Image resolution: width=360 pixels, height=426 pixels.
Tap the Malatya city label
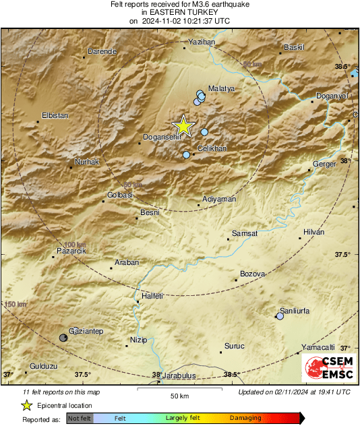click(221, 88)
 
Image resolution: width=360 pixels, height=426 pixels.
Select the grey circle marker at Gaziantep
click(63, 337)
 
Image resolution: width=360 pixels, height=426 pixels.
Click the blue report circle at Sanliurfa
click(280, 315)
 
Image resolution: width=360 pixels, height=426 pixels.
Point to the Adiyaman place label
click(220, 200)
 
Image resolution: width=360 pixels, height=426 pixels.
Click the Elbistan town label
click(55, 115)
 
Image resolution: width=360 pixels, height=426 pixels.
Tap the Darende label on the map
click(103, 51)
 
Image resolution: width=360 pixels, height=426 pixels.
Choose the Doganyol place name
click(331, 96)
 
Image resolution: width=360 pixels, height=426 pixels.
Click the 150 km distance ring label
click(15, 305)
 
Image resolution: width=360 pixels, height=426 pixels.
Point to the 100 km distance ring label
click(76, 245)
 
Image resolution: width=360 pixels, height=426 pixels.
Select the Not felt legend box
click(80, 418)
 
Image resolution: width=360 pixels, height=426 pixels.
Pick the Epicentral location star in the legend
click(26, 405)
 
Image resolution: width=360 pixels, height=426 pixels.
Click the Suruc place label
click(234, 346)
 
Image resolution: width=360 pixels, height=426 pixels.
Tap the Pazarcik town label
click(71, 251)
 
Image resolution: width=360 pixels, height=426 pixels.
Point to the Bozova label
click(253, 274)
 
